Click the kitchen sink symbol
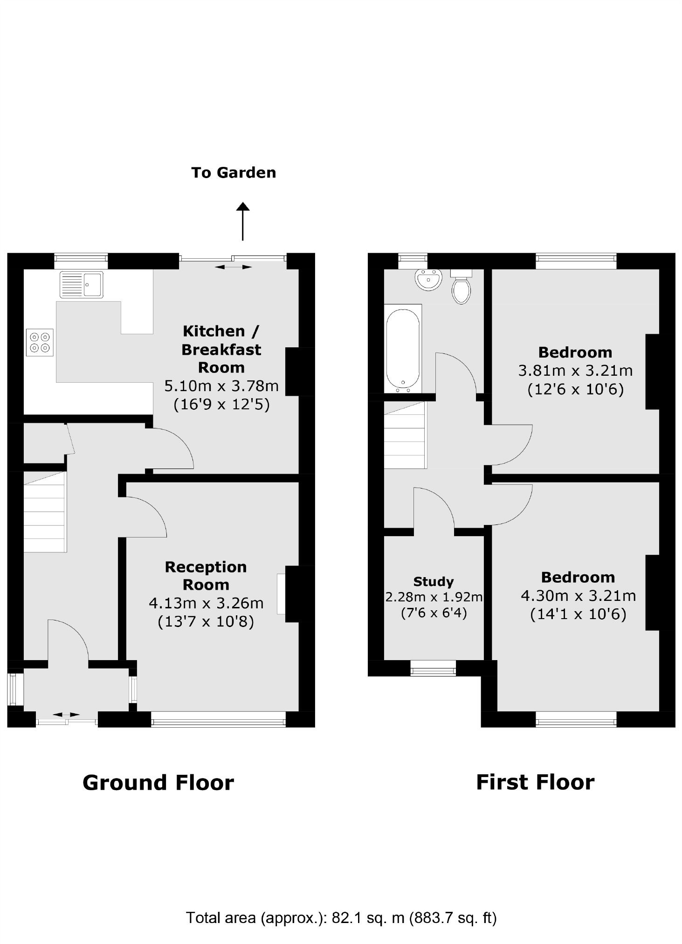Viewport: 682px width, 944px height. (82, 285)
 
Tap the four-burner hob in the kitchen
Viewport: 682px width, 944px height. (40, 343)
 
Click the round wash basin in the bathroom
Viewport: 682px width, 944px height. (428, 280)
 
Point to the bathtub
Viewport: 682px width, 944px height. (403, 348)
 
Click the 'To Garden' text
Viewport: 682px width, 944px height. (234, 173)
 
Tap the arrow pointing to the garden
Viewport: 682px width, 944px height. (242, 221)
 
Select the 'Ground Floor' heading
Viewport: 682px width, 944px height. (158, 783)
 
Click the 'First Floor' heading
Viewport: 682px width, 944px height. (535, 782)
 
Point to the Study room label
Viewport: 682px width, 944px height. (434, 581)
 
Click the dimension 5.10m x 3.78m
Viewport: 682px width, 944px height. (221, 386)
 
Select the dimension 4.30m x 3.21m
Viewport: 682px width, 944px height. (578, 596)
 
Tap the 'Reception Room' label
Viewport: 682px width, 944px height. (206, 576)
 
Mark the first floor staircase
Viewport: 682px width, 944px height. (405, 435)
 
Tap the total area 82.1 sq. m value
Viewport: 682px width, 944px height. (368, 918)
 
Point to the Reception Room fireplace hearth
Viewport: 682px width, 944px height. (281, 593)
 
